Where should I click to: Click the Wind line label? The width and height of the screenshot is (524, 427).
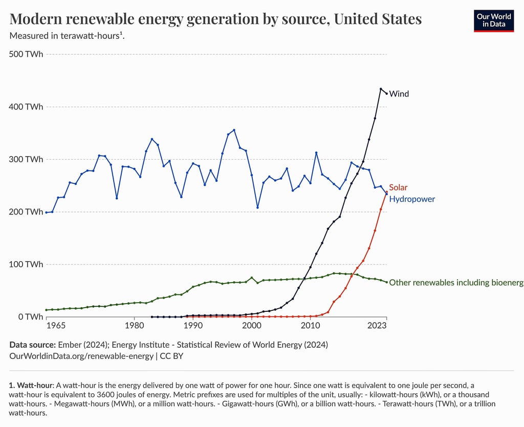[x=399, y=94]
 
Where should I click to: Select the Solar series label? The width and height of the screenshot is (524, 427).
[x=398, y=187]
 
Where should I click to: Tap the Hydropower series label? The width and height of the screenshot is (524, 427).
[x=412, y=199]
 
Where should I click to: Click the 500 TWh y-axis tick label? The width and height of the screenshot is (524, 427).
[x=26, y=54]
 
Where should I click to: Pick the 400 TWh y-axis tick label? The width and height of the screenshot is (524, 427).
[x=26, y=106]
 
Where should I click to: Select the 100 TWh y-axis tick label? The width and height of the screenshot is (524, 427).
[x=26, y=264]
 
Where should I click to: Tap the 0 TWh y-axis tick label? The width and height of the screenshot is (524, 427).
[x=30, y=317]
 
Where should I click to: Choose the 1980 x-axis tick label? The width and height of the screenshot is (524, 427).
[x=134, y=326]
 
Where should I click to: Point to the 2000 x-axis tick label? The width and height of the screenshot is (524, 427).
[x=251, y=326]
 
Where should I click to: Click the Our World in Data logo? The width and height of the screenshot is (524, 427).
[x=493, y=20]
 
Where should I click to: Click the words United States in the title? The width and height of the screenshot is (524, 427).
[x=378, y=19]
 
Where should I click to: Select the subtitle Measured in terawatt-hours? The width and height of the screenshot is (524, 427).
[x=67, y=36]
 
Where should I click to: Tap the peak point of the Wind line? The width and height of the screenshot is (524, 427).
[x=381, y=89]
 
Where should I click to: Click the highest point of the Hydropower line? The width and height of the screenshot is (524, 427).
[x=234, y=130]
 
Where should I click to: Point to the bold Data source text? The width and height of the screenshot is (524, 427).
[x=32, y=345]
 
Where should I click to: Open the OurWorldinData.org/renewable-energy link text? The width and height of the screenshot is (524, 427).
[x=81, y=356]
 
